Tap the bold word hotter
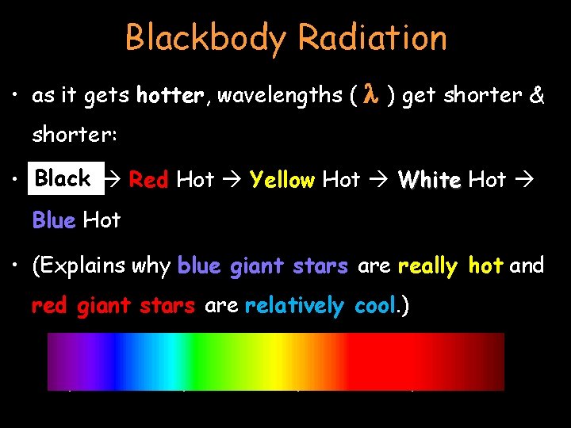tap(170, 96)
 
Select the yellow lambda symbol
tap(370, 95)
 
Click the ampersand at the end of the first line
tap(537, 96)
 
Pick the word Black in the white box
tap(63, 178)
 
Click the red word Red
tap(148, 180)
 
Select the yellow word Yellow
tap(282, 180)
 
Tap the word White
tap(429, 180)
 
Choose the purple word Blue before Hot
tap(53, 220)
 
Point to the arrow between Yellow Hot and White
tap(379, 180)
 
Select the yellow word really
tap(427, 266)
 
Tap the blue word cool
tap(373, 305)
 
